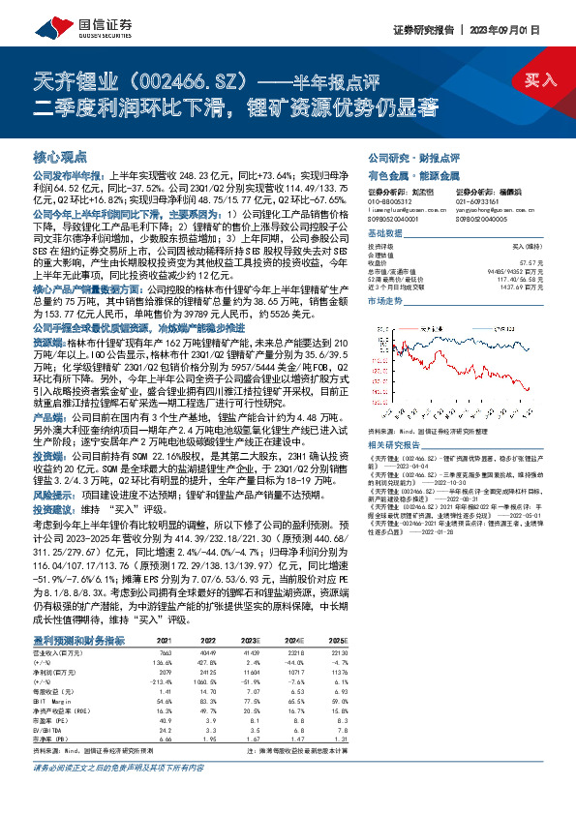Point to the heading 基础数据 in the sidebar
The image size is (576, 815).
(384, 234)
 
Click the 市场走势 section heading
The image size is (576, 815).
(384, 302)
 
